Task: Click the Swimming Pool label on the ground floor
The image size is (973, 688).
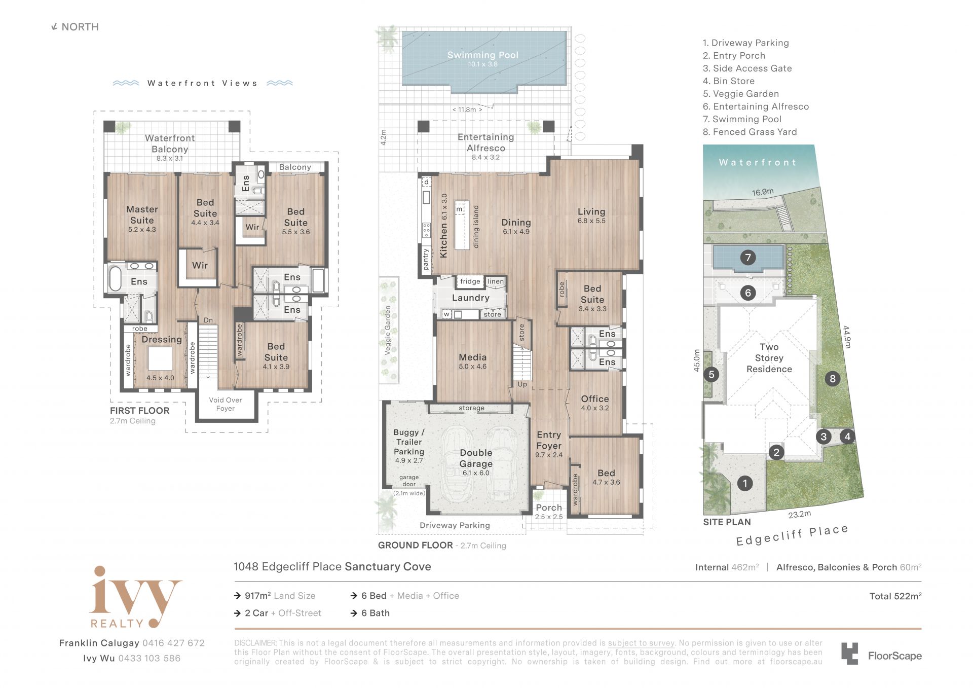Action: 482,55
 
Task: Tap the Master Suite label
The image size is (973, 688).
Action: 142,215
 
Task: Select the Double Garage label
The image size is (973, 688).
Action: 476,458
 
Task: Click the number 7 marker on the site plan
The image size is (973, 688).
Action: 748,258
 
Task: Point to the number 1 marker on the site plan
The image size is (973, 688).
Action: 745,483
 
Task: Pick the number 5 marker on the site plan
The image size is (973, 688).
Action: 712,375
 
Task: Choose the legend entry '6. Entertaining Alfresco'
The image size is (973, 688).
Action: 756,106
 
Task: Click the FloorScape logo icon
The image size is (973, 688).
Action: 850,654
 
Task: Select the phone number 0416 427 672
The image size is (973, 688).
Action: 173,643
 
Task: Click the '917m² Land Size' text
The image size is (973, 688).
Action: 280,596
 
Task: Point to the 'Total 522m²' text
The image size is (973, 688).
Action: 895,596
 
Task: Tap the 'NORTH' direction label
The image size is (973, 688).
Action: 80,27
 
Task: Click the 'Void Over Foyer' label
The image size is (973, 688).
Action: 226,404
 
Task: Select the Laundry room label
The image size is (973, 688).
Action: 471,298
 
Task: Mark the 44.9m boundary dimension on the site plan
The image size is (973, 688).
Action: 847,337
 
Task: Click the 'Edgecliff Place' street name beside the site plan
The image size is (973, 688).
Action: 792,535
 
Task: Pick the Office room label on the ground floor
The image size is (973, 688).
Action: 595,399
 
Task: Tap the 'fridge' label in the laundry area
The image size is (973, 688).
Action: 470,281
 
